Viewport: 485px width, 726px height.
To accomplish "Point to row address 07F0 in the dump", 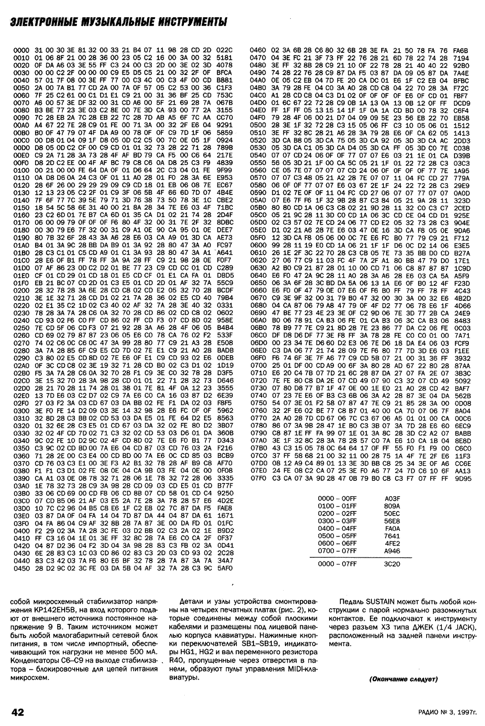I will click(258, 479).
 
